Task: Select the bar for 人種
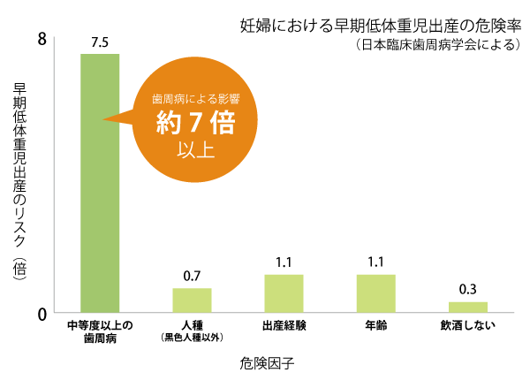192,300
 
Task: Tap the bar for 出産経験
284,293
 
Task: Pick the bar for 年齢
375,293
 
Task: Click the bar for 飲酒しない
467,308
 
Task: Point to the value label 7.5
99,42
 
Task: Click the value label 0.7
192,277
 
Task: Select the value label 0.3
467,290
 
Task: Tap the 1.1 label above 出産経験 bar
284,262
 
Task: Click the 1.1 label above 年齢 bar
375,262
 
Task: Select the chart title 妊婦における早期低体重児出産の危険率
381,24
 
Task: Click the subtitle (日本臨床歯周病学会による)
436,44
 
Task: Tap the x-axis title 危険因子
265,362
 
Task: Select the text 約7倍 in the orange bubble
195,123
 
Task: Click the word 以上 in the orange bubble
195,148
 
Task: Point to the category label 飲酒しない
467,325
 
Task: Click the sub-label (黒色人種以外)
192,338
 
